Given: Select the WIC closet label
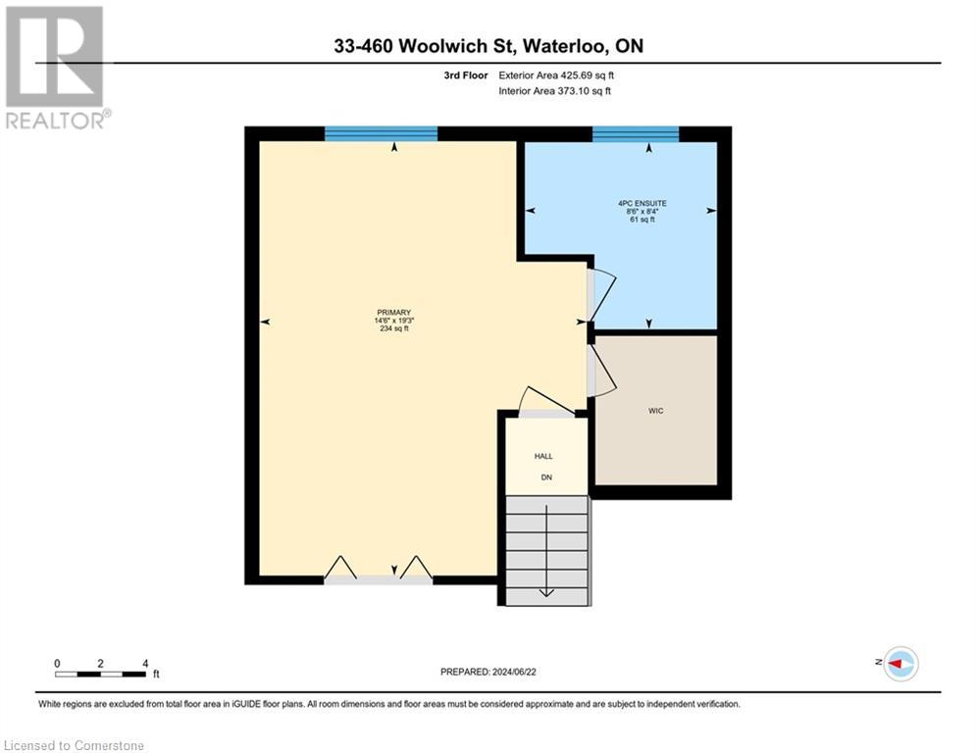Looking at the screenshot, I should [x=656, y=411].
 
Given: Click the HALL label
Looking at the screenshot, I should [x=543, y=457].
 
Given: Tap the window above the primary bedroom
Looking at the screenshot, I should [x=381, y=134].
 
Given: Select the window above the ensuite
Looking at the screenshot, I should [x=636, y=134].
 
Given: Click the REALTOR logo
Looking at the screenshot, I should [x=56, y=67].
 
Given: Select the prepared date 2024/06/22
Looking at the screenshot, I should [x=489, y=672].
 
